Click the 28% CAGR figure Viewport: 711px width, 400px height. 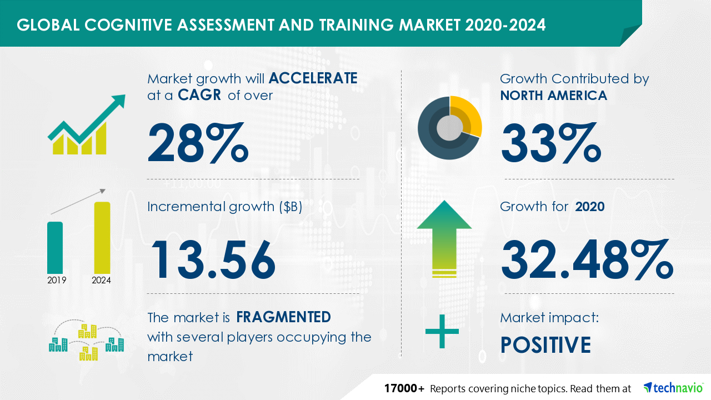pos(198,143)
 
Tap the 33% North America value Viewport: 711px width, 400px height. pos(550,143)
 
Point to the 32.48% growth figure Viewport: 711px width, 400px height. pos(587,260)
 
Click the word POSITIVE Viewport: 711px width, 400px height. pos(545,345)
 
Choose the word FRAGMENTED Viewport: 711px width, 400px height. pos(283,317)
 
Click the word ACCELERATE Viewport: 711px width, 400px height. pos(313,78)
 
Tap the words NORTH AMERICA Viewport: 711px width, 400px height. pos(554,96)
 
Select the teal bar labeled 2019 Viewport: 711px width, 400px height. pos(55,248)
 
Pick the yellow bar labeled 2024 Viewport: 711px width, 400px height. pos(102,238)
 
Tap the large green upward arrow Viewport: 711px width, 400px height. pos(444,239)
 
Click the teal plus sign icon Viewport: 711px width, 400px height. pos(442,332)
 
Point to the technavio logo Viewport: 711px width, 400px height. pos(673,388)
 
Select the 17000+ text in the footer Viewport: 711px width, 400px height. pos(404,388)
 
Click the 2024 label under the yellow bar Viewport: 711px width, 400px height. pos(101,281)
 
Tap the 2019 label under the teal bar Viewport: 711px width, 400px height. pos(57,281)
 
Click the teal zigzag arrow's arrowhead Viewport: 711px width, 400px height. pos(118,101)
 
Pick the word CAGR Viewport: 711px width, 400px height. pos(199,95)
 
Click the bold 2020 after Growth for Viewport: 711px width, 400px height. pos(590,207)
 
